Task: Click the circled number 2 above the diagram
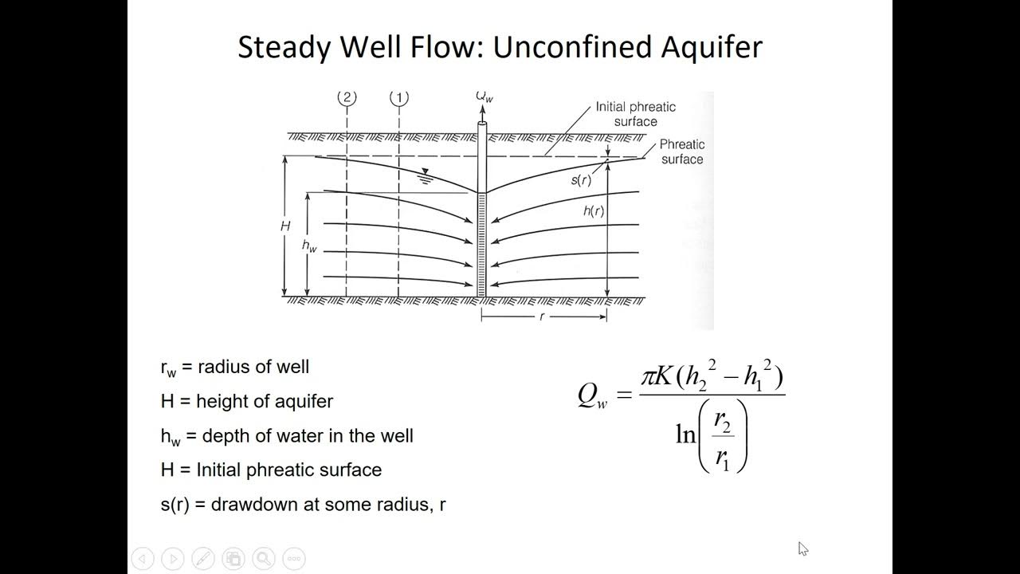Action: coord(347,98)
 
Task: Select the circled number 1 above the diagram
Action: coord(398,98)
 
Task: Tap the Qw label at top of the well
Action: coord(484,96)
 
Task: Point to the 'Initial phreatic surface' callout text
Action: coord(635,114)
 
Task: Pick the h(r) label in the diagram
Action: coord(594,211)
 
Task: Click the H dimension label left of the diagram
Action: coord(285,226)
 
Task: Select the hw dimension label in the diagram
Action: coord(309,246)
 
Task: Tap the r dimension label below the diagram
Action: coord(542,316)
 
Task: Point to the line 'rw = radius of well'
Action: coord(234,368)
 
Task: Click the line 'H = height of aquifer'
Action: coord(246,401)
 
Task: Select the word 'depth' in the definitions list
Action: coord(233,435)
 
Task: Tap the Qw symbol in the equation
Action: coord(592,395)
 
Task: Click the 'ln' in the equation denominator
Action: coord(685,434)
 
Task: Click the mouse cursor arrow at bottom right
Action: coord(802,548)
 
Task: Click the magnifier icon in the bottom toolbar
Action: coord(264,559)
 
